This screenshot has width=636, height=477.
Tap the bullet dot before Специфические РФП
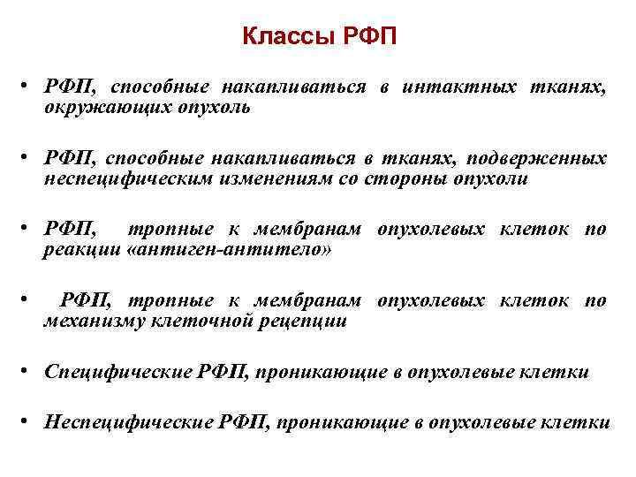coord(30,371)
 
